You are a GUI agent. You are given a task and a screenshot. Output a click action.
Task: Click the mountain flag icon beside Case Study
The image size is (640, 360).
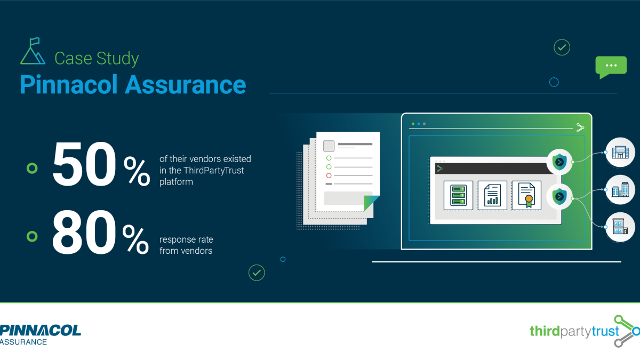coord(33,51)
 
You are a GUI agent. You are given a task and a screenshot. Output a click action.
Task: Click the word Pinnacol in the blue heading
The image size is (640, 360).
coord(69,85)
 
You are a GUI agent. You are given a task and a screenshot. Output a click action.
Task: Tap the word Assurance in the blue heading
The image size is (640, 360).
coord(186,85)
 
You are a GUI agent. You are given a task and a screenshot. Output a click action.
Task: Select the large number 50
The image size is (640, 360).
coord(84,164)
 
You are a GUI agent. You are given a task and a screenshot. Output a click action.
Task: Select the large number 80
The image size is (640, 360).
coord(84,233)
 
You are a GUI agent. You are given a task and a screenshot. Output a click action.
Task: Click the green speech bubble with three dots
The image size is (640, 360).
coord(611,67)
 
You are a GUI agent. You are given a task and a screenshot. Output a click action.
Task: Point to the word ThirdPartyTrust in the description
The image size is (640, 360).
coord(214,171)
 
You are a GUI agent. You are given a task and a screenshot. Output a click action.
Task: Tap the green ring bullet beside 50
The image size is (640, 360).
coord(32,169)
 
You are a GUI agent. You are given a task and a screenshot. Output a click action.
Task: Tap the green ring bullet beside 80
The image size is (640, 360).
coord(32,236)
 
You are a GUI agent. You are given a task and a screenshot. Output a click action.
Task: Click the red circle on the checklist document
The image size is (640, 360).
coord(329,175)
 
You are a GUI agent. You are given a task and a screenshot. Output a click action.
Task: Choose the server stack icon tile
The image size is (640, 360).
coord(458,195)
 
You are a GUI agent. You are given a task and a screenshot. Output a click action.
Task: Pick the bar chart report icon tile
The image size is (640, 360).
coord(492,195)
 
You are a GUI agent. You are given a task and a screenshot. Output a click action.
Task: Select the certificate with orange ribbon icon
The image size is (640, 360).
coord(526,195)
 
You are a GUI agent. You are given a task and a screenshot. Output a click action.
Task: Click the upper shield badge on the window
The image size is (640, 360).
coord(559,162)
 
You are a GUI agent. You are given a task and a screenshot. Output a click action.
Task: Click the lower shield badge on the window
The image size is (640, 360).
coord(559,197)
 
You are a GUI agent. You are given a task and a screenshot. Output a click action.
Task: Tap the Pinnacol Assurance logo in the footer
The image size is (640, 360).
coord(41,334)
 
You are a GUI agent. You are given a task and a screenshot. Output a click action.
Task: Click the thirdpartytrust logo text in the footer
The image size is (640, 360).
coord(574,331)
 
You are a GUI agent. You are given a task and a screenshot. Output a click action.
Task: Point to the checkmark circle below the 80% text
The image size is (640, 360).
coord(257,273)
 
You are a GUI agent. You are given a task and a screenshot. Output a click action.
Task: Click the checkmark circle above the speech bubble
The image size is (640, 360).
coord(562,47)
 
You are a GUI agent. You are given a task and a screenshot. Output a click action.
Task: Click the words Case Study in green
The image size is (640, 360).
coord(97,59)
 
